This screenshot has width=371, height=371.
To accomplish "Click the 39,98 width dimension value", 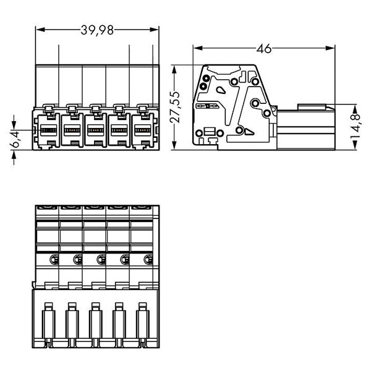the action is [97, 30].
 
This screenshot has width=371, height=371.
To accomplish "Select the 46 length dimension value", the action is [264, 48].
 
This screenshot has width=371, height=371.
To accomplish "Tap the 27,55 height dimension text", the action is [176, 107].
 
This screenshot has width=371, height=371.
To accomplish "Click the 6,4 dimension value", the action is [16, 140].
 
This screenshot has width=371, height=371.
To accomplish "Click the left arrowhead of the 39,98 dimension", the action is [41, 30].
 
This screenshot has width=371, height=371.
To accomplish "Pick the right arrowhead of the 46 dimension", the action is [330, 48].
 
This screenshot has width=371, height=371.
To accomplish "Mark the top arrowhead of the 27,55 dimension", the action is [174, 70].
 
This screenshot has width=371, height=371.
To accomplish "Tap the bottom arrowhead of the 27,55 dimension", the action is [174, 145].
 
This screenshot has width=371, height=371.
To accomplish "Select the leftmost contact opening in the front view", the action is [48, 130].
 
